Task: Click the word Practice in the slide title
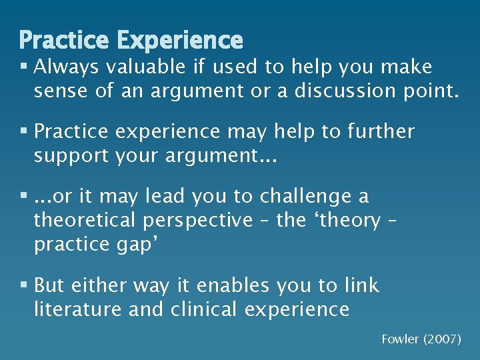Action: [65, 40]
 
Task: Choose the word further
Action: [379, 131]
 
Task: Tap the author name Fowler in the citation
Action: [399, 339]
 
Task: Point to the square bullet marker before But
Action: [24, 286]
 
